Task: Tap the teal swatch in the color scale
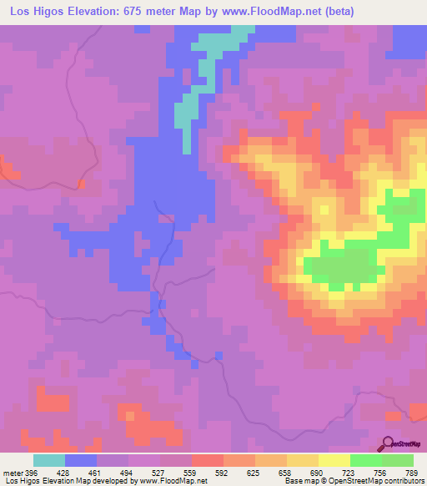click(49, 460)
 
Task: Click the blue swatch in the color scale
click(81, 460)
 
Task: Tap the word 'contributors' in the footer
click(404, 481)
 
